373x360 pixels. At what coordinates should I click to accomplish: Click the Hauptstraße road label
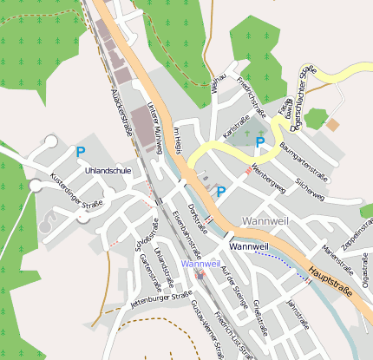334,283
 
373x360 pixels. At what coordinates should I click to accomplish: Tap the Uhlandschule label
108,172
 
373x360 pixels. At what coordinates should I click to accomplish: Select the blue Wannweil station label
201,263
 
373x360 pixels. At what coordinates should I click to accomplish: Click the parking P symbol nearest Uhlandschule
81,152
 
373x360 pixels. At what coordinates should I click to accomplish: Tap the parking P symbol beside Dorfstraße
220,192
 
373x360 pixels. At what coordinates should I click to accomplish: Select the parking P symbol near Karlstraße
259,141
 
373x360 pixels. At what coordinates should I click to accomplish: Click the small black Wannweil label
249,246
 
